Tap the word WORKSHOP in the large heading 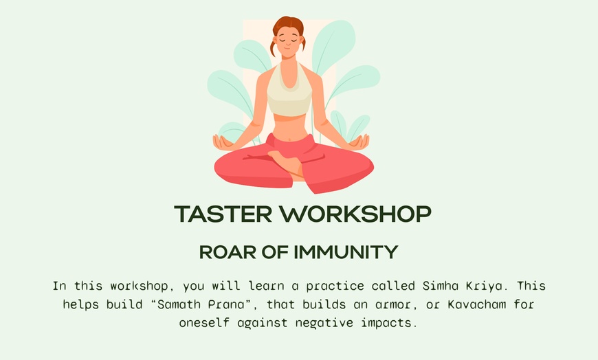[x=357, y=214]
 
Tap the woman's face [x=289, y=45]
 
